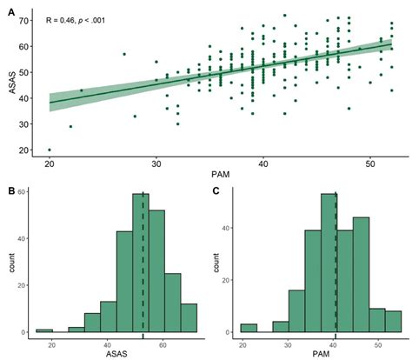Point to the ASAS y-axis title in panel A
pos(13,85)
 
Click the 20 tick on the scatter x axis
pos(50,163)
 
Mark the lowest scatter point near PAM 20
pos(50,150)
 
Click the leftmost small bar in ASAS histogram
pos(43,331)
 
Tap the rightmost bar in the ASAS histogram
pos(189,318)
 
